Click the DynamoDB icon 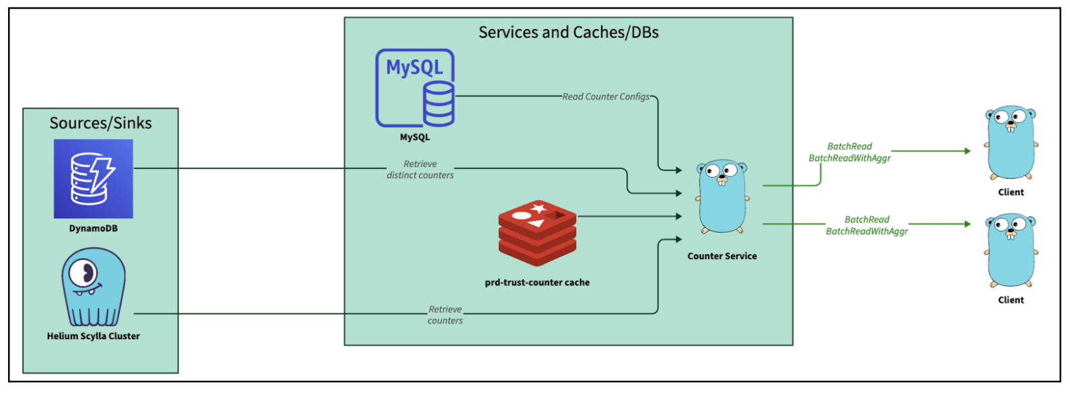click(x=94, y=178)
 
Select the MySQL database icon click(x=415, y=88)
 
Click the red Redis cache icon click(x=537, y=232)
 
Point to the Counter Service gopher click(x=722, y=197)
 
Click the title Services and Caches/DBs click(x=568, y=32)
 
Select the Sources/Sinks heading click(x=100, y=123)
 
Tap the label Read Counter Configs click(x=606, y=97)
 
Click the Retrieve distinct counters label click(x=420, y=170)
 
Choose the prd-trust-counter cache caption click(x=537, y=283)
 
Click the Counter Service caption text click(x=722, y=256)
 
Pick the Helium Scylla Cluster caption click(x=94, y=336)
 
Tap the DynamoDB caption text click(x=94, y=229)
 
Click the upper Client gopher click(x=1011, y=143)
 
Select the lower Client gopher click(x=1011, y=250)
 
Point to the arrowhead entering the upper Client click(x=967, y=151)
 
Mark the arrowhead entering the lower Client click(x=967, y=224)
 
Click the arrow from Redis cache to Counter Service click(x=629, y=217)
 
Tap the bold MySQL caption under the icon click(x=415, y=137)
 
